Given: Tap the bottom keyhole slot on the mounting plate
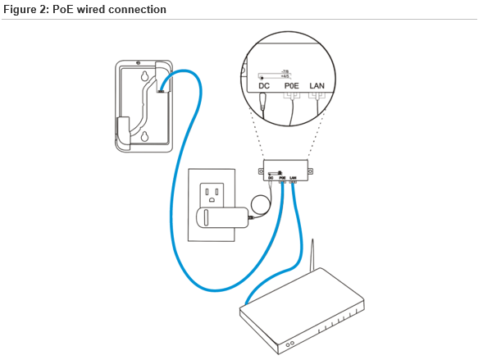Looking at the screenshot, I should click(144, 136).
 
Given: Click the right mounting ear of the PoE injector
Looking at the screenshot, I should click(312, 171).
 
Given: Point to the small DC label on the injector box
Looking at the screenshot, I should click(270, 177).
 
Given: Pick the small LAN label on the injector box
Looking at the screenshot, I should click(293, 177).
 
